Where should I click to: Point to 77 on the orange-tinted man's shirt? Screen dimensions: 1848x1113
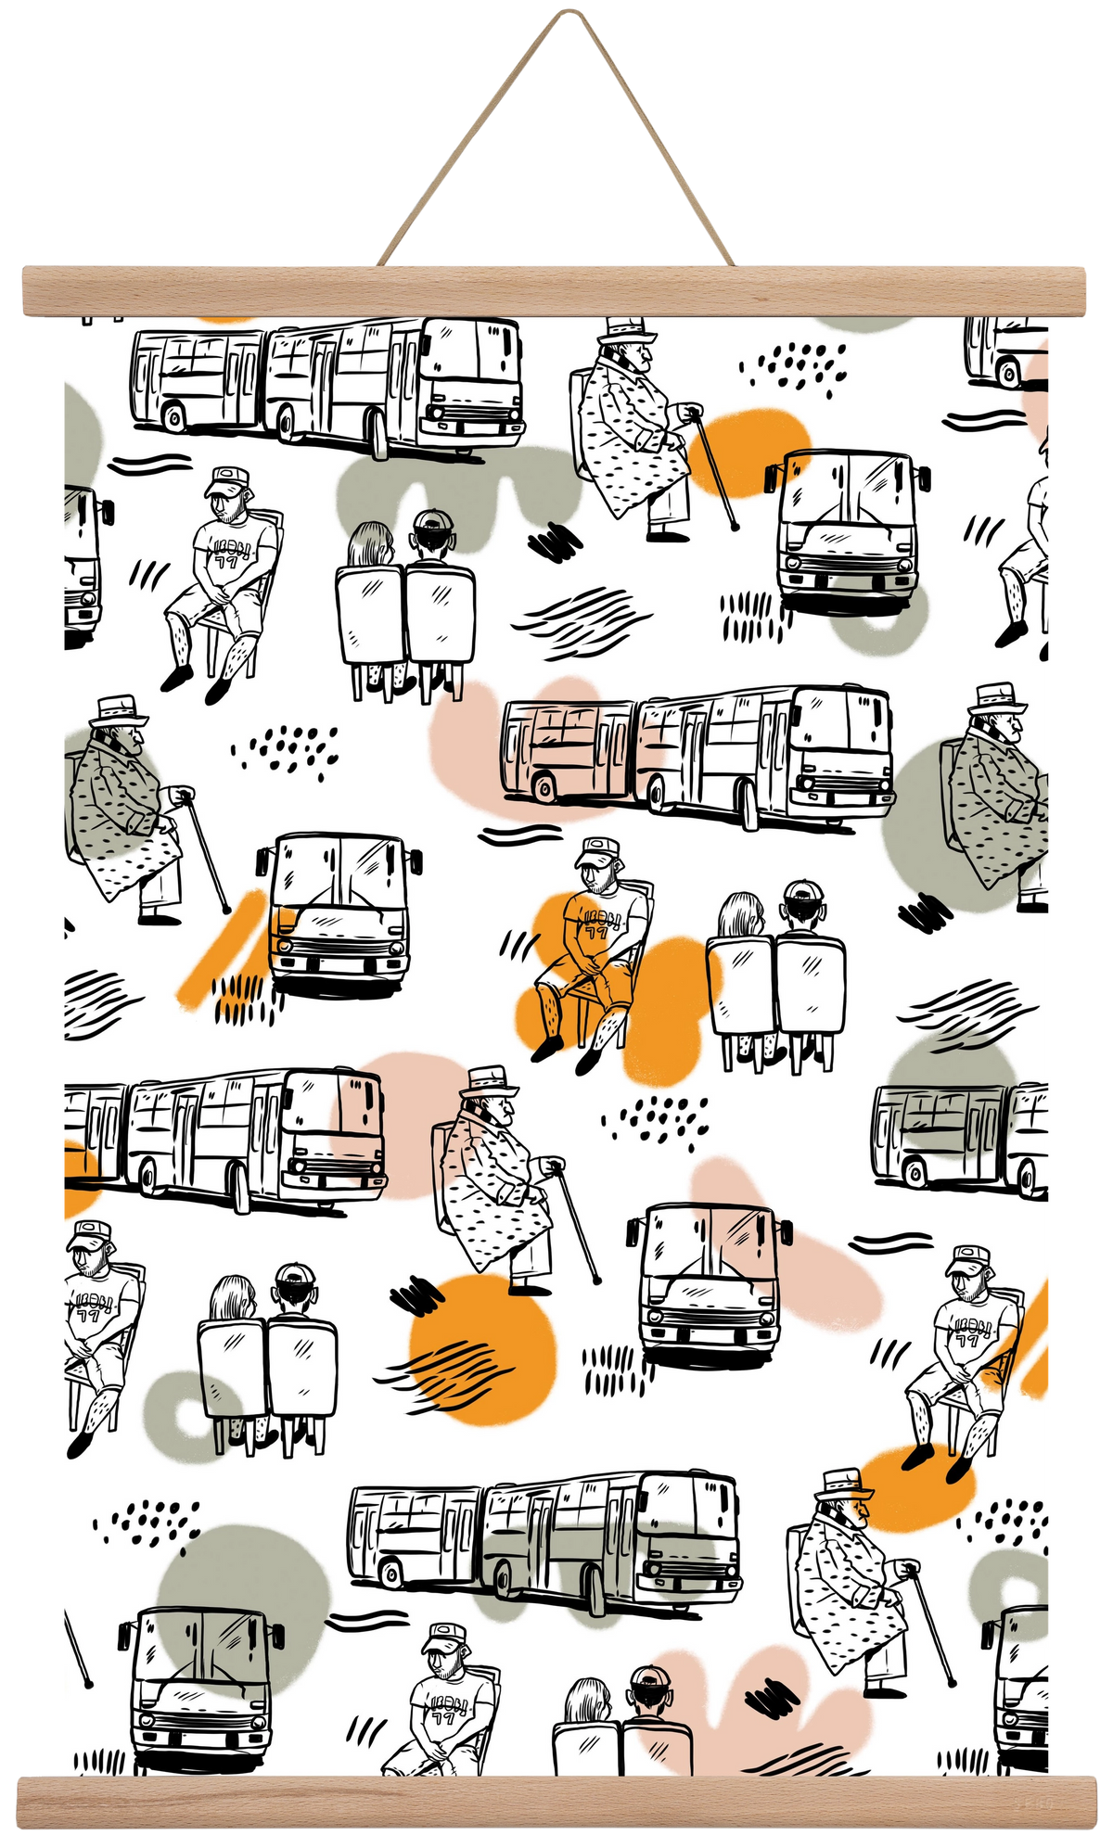click(592, 930)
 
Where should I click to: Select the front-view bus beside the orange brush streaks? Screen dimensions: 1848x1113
click(339, 913)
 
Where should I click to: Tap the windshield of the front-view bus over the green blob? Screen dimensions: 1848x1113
click(199, 1650)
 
